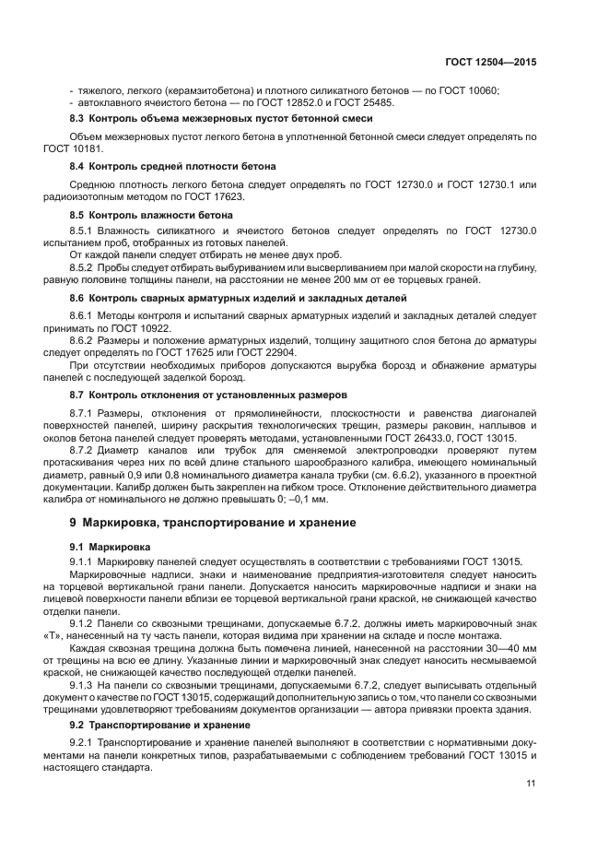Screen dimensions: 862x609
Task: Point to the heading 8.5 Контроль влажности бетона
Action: (151, 214)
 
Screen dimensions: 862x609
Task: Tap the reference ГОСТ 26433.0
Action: (415, 440)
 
